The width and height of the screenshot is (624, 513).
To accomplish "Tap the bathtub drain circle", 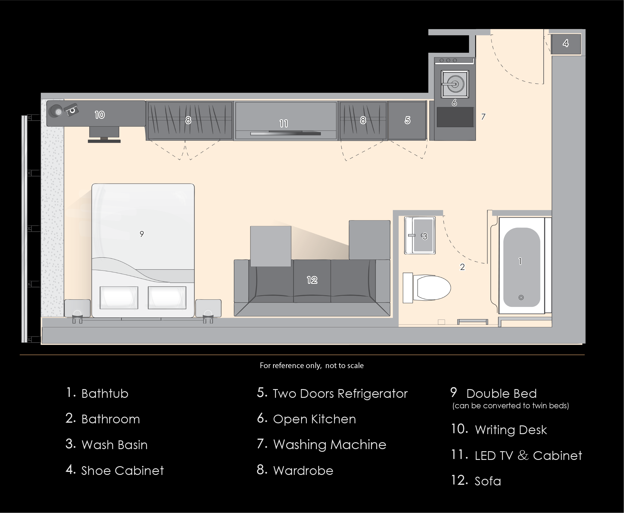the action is [521, 298].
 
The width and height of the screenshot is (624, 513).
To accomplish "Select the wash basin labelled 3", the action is [420, 235].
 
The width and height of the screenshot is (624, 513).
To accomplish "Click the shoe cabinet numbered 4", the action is [566, 44].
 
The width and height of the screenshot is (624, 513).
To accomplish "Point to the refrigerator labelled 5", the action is [407, 120].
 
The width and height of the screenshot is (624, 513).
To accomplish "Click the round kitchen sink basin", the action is [455, 84].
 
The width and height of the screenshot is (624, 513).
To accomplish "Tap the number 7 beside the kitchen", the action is [483, 117].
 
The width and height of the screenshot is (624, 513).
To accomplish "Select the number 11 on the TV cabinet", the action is [284, 123].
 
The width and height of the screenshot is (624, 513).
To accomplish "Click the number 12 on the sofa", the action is [312, 280].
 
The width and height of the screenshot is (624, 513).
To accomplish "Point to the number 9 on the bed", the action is [142, 234].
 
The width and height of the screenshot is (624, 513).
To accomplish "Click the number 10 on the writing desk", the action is [100, 115].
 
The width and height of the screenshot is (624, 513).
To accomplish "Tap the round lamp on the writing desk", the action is [56, 111].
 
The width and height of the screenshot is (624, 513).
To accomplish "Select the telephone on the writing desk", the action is [71, 110].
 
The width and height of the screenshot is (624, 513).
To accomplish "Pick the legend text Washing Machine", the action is [330, 445].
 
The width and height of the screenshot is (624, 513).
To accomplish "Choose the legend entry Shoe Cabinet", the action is [122, 470].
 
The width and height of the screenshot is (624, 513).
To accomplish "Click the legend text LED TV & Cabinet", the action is [528, 455].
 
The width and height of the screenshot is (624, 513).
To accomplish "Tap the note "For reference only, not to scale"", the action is [312, 365].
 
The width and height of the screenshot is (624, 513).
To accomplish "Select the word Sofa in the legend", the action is [488, 481].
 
